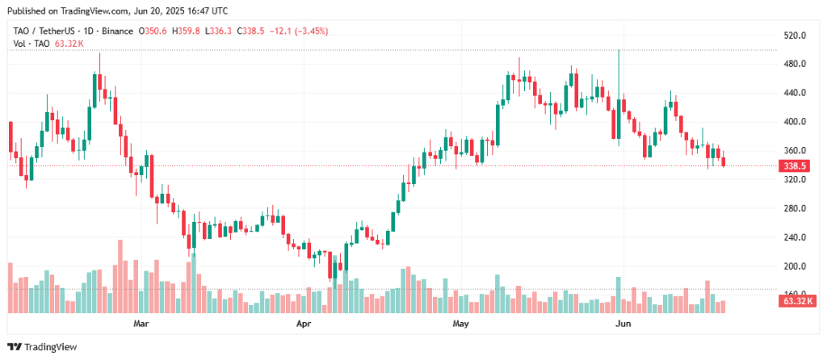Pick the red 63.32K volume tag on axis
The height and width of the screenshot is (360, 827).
click(x=796, y=302)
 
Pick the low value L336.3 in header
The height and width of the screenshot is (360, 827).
click(x=219, y=31)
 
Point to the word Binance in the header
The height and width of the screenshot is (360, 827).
click(x=117, y=31)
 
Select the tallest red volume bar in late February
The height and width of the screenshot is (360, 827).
click(x=120, y=277)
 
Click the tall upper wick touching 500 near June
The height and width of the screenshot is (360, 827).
click(x=618, y=74)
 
